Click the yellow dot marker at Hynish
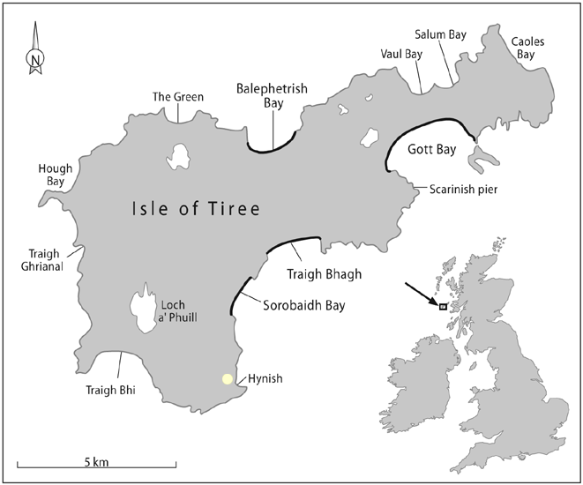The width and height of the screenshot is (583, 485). pos(228,379)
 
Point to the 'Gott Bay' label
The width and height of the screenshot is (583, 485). pos(432,150)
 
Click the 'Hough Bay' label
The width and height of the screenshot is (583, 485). pos(51,175)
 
